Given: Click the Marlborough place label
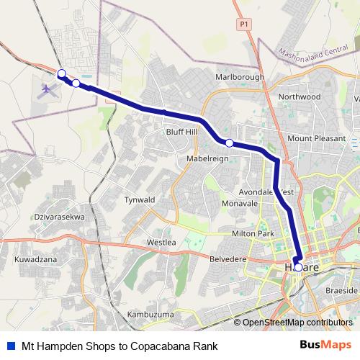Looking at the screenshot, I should [240, 77].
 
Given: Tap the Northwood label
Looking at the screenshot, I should [299, 96].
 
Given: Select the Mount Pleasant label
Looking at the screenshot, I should [316, 138].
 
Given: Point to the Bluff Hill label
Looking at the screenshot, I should [181, 132].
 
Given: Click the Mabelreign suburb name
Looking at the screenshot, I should [207, 158].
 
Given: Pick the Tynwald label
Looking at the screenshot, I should [140, 199].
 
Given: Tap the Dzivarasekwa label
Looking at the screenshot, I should [60, 216].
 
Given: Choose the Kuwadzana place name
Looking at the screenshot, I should [36, 258].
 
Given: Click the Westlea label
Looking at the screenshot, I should [161, 242].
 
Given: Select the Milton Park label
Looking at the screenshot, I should [253, 234].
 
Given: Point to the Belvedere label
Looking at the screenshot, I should [228, 258].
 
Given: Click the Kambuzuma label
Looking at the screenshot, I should [150, 315].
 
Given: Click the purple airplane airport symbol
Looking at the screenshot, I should [48, 90].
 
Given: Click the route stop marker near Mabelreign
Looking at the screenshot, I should [229, 143].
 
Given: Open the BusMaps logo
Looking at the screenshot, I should [330, 345].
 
